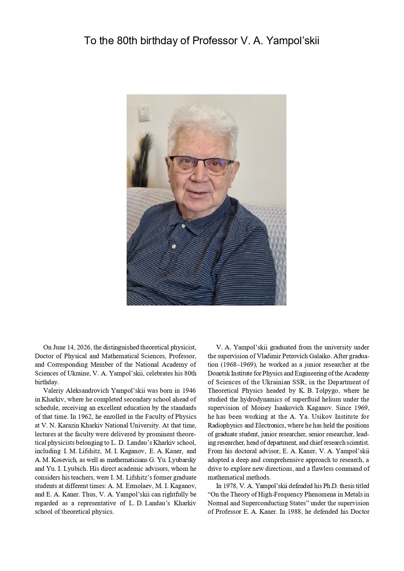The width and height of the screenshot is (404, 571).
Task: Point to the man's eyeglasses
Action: point(202,164)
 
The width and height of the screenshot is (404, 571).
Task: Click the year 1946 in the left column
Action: point(189,390)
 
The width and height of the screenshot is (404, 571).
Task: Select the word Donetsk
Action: point(219,373)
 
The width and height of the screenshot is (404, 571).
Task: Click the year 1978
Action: point(230,486)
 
